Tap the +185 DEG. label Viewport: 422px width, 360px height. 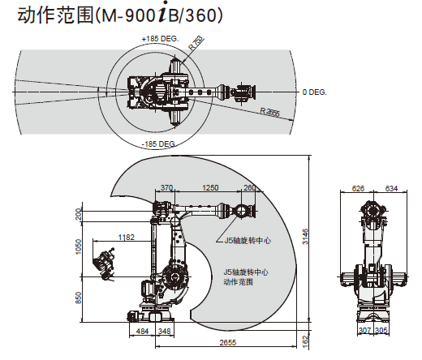161,39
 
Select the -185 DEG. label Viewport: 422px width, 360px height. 158,144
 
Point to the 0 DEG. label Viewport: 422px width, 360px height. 315,92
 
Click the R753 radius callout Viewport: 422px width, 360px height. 196,43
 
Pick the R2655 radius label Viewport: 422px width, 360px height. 269,111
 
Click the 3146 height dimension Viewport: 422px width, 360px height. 305,237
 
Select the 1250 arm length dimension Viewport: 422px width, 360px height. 210,187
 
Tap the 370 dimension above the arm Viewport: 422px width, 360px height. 166,187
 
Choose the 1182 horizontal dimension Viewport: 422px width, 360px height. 127,237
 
